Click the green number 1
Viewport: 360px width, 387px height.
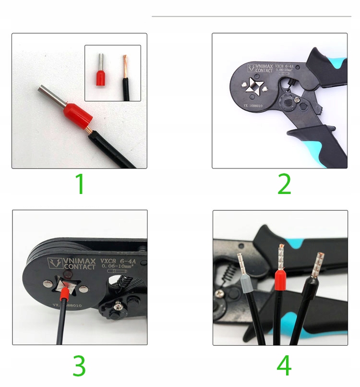pos(80,184)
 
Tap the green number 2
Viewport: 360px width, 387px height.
pos(284,184)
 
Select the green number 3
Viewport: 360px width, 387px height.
pos(79,366)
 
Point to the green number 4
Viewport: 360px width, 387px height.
pos(284,366)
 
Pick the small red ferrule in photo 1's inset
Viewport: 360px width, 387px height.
pos(101,77)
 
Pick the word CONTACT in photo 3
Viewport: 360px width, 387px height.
pos(79,267)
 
